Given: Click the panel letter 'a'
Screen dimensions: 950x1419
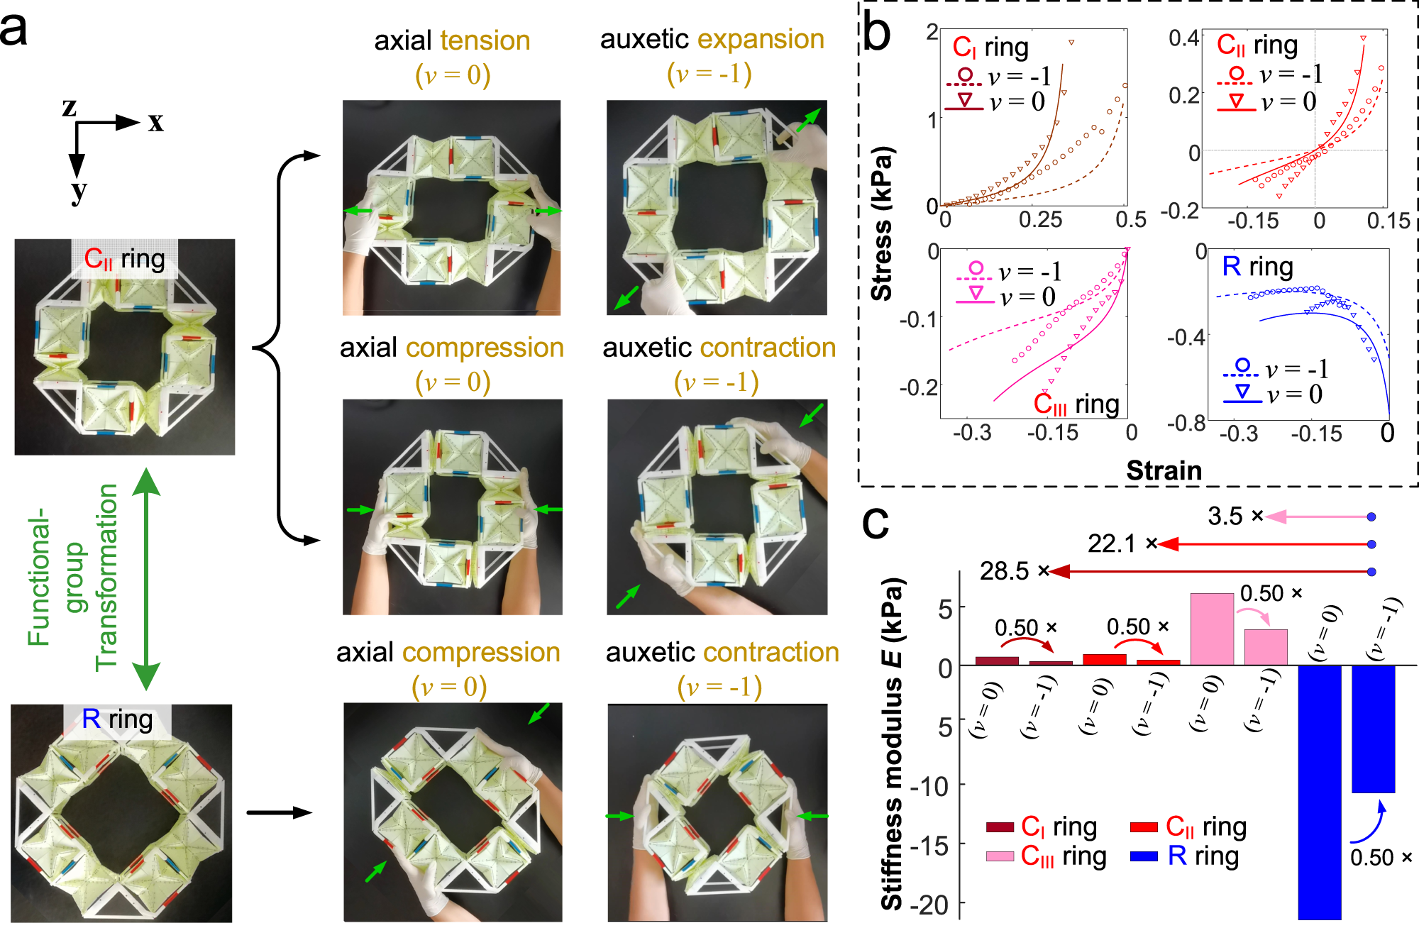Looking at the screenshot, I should pos(14,30).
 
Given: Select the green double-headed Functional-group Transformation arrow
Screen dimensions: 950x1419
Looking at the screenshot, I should pos(146,579).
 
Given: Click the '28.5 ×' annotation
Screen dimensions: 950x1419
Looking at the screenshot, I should pos(1014,571).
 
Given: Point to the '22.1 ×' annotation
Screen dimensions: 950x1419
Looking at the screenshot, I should pos(1122,544).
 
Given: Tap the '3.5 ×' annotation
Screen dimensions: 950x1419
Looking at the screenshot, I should pos(1235,517).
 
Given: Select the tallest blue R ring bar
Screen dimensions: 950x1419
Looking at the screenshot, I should pos(1319,792).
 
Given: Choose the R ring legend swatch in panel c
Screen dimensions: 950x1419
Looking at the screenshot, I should pos(1144,856).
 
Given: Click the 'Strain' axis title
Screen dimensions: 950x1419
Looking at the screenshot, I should pos(1164,470).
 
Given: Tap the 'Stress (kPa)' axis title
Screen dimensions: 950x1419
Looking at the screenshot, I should pos(882,224).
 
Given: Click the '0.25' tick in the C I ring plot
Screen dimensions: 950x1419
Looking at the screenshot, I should pos(1040,219).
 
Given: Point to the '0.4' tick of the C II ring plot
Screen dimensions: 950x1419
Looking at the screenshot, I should pos(1183,38).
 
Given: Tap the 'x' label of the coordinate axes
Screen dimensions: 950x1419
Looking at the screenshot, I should pos(155,122).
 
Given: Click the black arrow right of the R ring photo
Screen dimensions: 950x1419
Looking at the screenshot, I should pos(280,813).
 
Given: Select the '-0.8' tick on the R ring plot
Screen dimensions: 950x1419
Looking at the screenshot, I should pos(1186,424).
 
